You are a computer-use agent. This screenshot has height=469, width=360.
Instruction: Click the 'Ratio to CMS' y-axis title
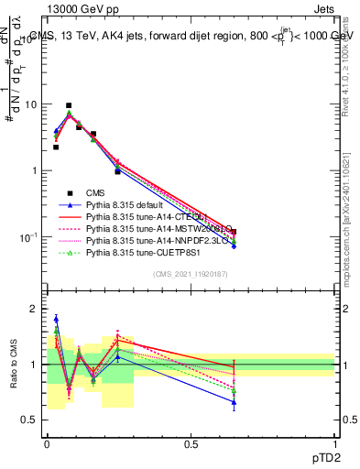pos(13,363)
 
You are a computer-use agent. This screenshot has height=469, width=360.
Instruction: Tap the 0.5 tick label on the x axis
pos(191,442)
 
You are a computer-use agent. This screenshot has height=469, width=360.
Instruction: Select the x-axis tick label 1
pos(334,442)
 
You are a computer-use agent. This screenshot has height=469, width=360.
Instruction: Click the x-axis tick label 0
pos(47,442)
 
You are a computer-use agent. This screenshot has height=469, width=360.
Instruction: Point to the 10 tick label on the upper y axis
pos(31,104)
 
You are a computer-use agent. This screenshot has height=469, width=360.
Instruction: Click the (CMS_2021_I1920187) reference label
pos(190,274)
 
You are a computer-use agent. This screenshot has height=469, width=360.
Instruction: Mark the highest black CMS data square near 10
pos(69,105)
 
